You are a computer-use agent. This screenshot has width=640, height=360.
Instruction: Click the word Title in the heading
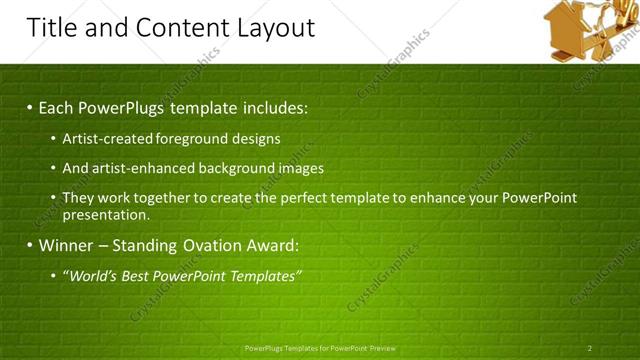[x=52, y=27]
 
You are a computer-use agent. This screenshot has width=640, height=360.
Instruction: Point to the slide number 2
[x=590, y=348]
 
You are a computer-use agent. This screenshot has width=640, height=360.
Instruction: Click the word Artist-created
[x=102, y=139]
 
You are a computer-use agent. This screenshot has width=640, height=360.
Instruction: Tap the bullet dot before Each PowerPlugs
[x=30, y=107]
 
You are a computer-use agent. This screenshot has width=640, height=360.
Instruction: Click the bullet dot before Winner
[x=30, y=245]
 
